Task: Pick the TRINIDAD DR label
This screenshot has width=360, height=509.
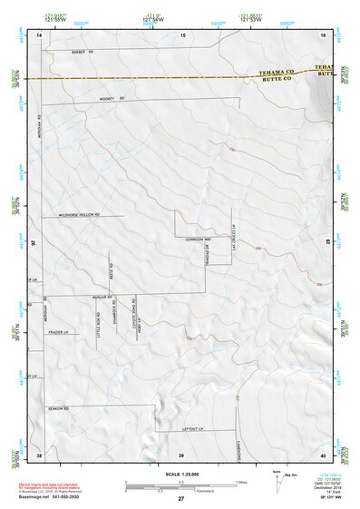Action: click(x=206, y=257)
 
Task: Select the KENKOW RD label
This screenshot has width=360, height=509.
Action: click(x=60, y=408)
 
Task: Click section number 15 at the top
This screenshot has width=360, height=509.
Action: click(x=182, y=34)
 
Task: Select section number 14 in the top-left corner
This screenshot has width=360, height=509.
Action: click(x=40, y=34)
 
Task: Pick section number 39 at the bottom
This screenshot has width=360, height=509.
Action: click(x=180, y=455)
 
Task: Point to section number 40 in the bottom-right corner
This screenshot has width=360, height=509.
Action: click(x=322, y=455)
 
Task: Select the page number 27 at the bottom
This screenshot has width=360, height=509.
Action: click(x=180, y=499)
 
